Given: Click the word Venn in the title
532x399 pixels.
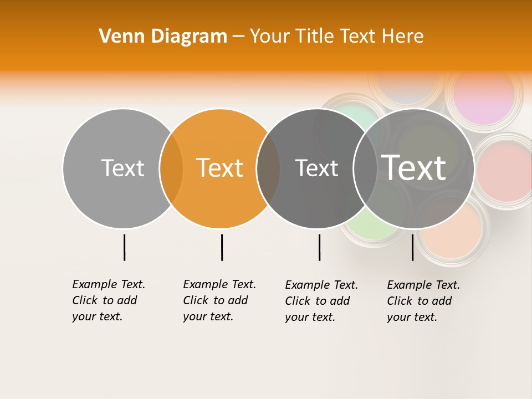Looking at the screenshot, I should (x=117, y=37).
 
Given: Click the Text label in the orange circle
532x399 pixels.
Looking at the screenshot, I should (x=220, y=168).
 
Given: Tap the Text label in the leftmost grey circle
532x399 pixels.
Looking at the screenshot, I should (x=122, y=168).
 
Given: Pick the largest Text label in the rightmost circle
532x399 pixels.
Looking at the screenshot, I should (x=414, y=167).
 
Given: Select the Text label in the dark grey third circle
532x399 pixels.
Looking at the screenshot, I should (x=316, y=168).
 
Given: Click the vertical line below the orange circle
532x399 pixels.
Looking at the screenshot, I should (x=222, y=247).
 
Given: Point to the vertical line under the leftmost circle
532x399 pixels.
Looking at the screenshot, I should (x=124, y=247).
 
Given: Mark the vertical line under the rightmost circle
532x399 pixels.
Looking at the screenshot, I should (x=412, y=247).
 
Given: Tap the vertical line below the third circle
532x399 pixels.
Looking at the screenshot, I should (x=319, y=247).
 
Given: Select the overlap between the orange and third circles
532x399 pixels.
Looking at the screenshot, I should (x=268, y=168).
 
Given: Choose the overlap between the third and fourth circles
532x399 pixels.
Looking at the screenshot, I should (x=365, y=168).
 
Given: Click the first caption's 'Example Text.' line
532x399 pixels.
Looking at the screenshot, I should (x=109, y=284).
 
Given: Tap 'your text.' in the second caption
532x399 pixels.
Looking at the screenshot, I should (x=208, y=316).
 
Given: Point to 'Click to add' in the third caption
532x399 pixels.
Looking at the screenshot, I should (x=317, y=301).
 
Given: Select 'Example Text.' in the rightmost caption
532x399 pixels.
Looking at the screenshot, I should (x=423, y=285).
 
